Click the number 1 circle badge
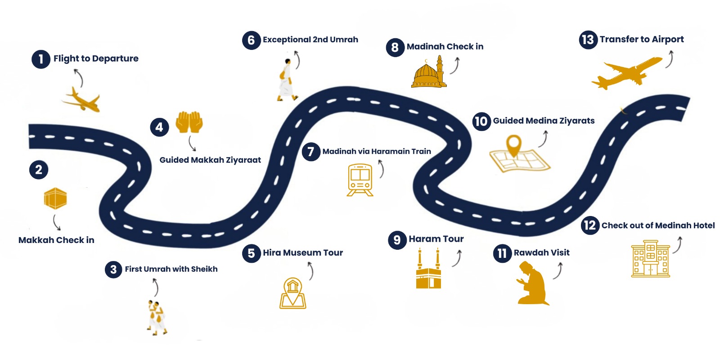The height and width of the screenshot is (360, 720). point(40,59)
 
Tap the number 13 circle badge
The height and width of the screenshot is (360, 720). point(588,40)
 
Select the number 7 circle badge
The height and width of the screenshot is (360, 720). point(310,152)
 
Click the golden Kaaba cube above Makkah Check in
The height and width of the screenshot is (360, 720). point(55,198)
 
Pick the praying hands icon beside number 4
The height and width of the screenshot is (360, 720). point(189,122)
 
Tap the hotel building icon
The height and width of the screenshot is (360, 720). point(650,259)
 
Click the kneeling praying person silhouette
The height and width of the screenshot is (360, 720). point(533,284)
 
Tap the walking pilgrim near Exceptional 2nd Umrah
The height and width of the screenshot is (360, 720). point(286,80)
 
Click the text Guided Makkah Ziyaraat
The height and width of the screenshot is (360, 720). point(210,160)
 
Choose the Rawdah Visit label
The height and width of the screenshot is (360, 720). point(541,253)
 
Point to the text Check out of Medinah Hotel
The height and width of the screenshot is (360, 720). point(658,225)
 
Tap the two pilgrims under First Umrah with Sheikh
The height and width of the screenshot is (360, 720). point(157,317)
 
